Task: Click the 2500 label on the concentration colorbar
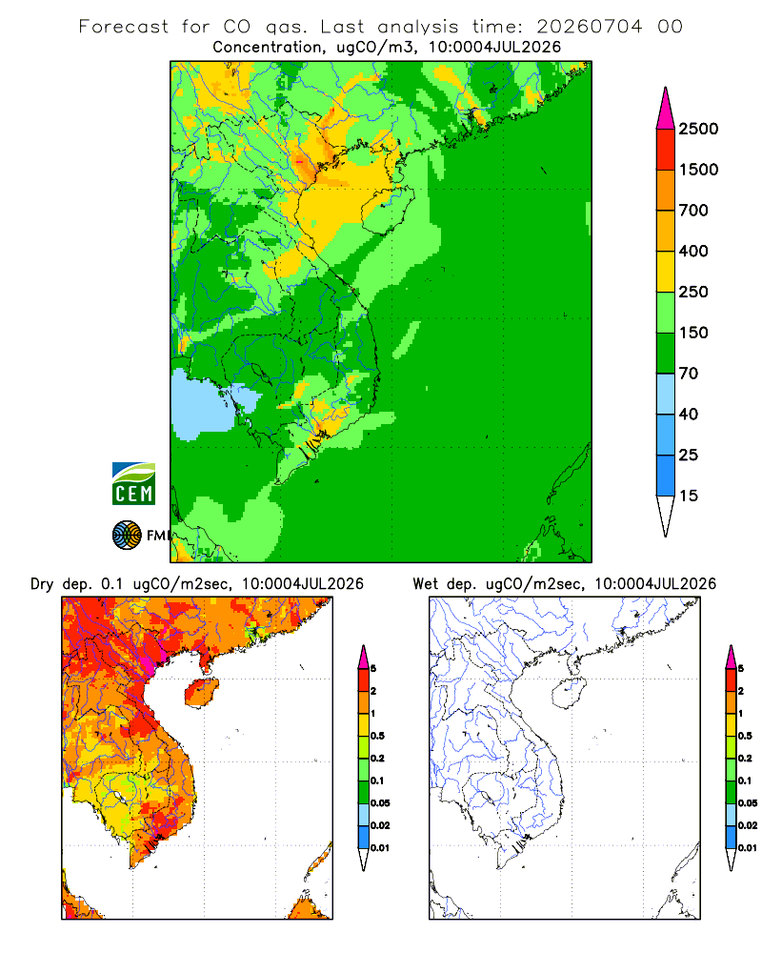tap(698, 129)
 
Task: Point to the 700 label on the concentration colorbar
tap(693, 211)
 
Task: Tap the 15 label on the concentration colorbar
tap(689, 496)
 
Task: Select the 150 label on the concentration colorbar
tap(693, 333)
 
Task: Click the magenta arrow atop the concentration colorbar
tap(666, 110)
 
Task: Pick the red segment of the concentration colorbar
tap(666, 150)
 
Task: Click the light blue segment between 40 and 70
tap(666, 394)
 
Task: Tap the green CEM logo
tap(133, 484)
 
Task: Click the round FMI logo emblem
tap(127, 536)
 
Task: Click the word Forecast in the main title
tap(124, 27)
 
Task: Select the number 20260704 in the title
tap(589, 27)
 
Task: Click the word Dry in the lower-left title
tap(42, 584)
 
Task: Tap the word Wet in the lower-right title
tap(425, 584)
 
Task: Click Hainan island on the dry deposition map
tap(201, 693)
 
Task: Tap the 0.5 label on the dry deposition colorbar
tap(377, 736)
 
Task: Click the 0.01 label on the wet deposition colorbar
tap(748, 848)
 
